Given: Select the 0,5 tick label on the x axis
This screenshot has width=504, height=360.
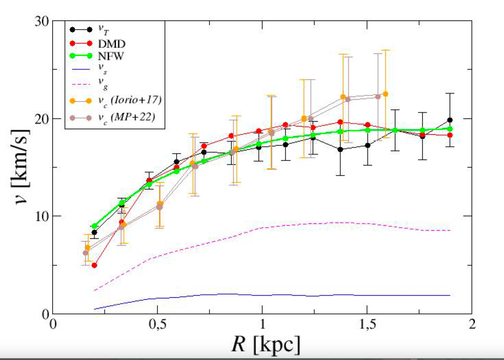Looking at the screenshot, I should coord(157,326).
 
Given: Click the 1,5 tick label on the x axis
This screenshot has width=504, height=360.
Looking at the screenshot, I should coord(367,326).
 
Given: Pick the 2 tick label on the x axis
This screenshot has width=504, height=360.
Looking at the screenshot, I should coord(472,326).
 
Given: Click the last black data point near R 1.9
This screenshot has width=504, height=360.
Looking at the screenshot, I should coord(450,120).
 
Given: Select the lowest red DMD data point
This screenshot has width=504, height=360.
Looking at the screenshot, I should coord(94,265).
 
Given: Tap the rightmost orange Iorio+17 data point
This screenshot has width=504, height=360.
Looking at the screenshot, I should coord(385,94).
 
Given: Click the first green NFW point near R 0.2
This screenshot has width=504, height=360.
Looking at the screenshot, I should coord(94,226).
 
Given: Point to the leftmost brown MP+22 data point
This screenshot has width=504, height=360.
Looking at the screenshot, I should coord(85,253).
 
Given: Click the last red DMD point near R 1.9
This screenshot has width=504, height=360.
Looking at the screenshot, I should coord(450,135).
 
